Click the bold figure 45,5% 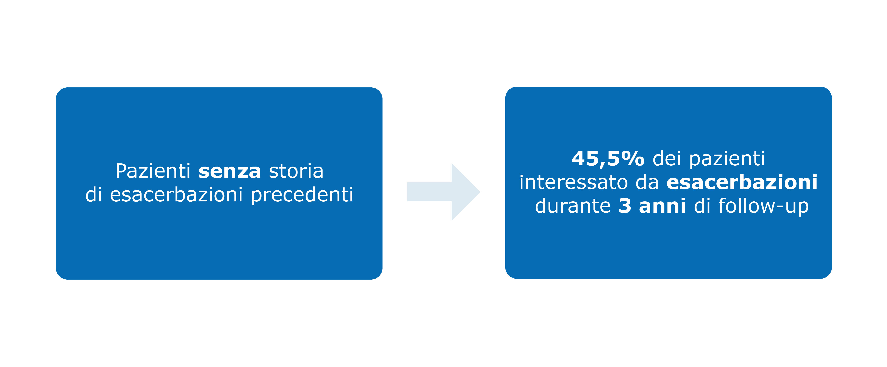[608, 159]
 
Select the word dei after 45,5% [667, 159]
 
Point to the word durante [573, 206]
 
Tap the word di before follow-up [702, 206]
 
